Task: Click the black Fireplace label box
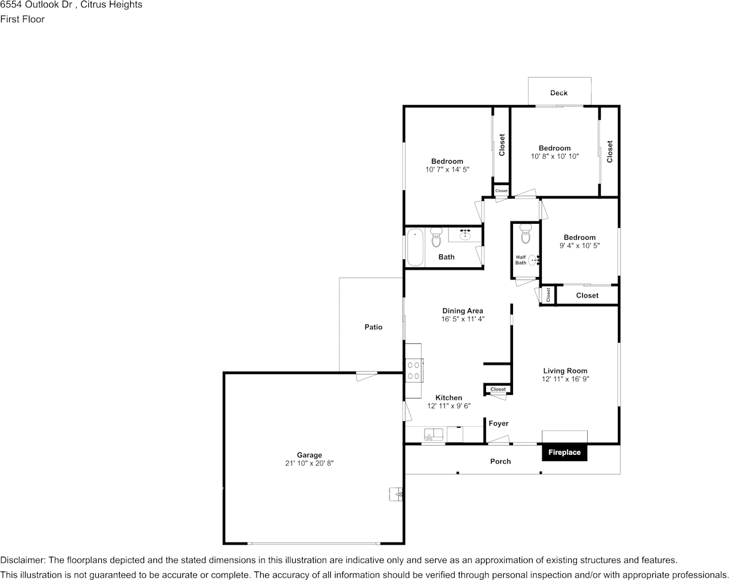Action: [x=564, y=452]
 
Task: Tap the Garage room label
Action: [x=309, y=455]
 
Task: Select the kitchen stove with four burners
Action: [x=414, y=370]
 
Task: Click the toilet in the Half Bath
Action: [x=525, y=234]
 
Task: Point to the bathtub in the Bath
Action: [x=415, y=246]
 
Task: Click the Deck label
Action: [x=559, y=93]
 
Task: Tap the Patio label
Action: [x=373, y=327]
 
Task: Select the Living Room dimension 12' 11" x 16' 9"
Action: [x=565, y=380]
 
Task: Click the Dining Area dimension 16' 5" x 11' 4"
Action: [x=463, y=319]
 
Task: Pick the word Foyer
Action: [x=498, y=424]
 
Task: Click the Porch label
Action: [x=500, y=461]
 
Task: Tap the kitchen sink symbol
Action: [x=433, y=435]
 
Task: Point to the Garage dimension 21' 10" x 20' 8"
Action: [x=309, y=464]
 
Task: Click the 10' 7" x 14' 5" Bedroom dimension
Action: [x=447, y=169]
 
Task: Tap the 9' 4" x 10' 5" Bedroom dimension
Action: [x=579, y=246]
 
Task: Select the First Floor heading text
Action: [x=23, y=19]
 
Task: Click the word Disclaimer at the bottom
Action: [x=22, y=560]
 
